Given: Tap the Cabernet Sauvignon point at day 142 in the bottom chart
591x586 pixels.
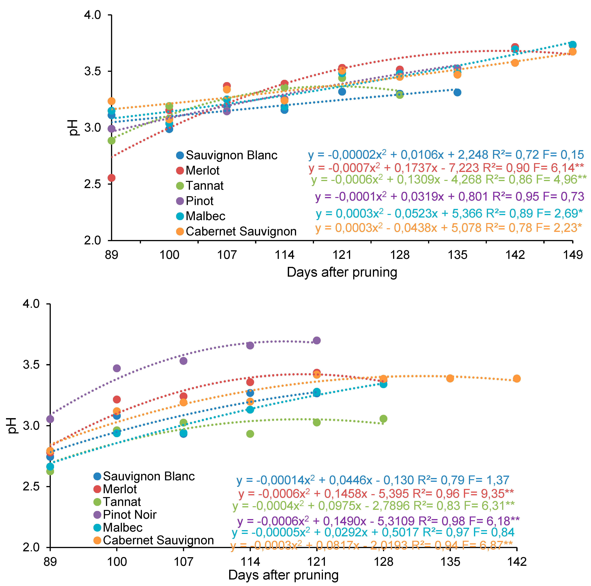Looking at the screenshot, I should (x=517, y=379).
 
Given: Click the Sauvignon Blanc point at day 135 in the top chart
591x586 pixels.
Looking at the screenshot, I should (x=457, y=92).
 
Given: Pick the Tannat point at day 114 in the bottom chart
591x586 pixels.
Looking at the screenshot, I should (x=250, y=434).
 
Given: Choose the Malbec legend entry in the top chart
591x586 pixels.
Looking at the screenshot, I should (x=205, y=216).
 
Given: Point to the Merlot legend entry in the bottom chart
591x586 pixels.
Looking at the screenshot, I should (x=120, y=489).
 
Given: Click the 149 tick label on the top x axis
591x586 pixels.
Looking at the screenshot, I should (x=573, y=255).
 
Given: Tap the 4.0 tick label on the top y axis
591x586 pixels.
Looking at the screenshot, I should (x=92, y=15).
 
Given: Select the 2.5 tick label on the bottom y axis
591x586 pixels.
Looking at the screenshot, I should (x=31, y=487).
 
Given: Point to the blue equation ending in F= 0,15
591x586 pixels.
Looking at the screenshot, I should (x=446, y=155).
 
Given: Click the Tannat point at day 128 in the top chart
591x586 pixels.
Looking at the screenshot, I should (x=399, y=95).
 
